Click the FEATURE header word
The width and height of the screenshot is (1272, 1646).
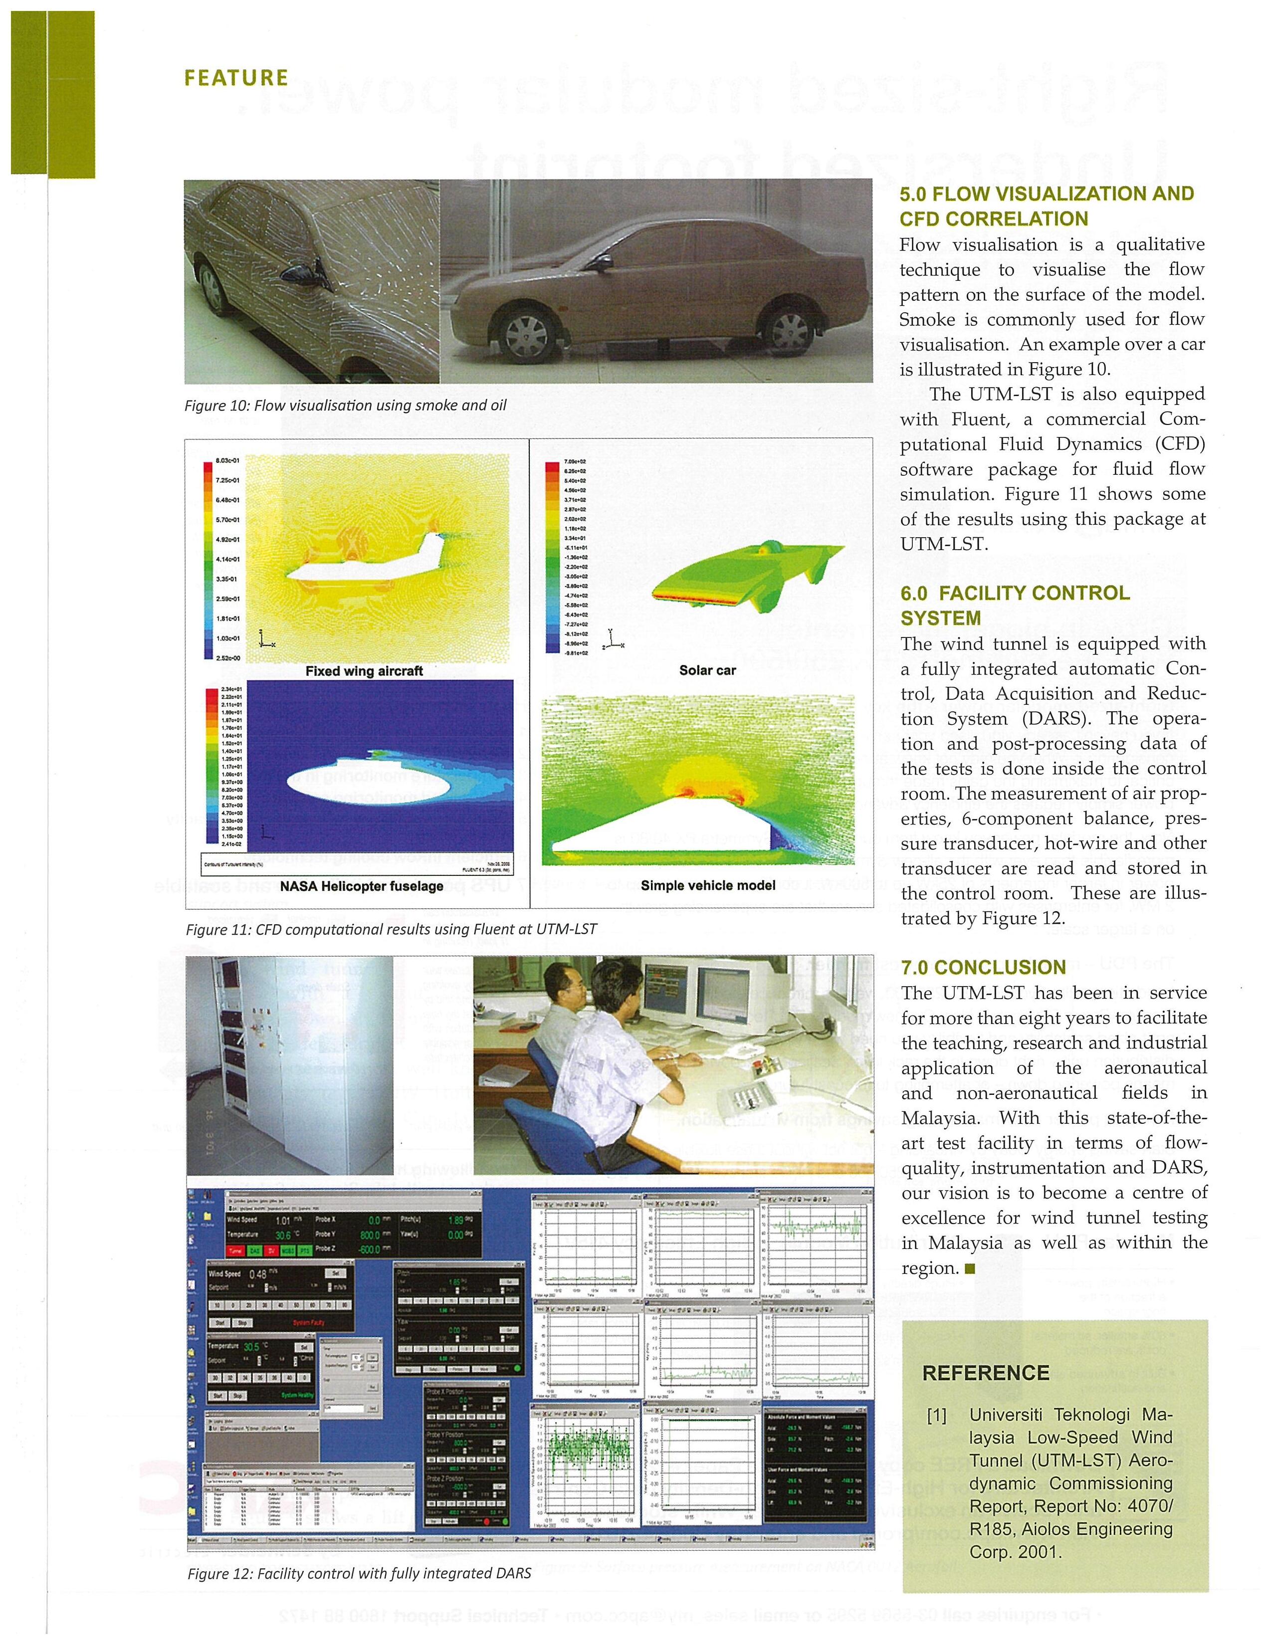click(236, 78)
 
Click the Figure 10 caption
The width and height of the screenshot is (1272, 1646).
click(345, 406)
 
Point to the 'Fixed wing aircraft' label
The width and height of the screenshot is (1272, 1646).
click(364, 671)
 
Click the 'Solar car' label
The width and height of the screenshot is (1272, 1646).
click(707, 670)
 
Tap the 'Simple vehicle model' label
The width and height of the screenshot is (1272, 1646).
click(708, 885)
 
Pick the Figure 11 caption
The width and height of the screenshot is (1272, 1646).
click(391, 929)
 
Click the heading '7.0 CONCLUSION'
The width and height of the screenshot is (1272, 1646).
click(983, 968)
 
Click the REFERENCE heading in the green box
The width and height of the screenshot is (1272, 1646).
click(986, 1373)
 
